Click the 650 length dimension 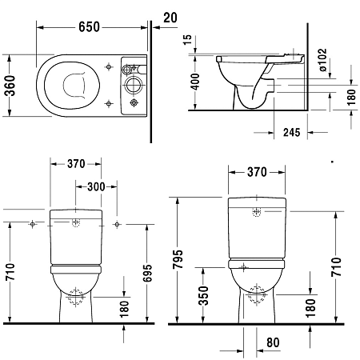88,27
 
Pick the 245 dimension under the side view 291,134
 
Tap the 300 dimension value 94,186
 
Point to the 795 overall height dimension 177,262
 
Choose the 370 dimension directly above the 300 76,165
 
